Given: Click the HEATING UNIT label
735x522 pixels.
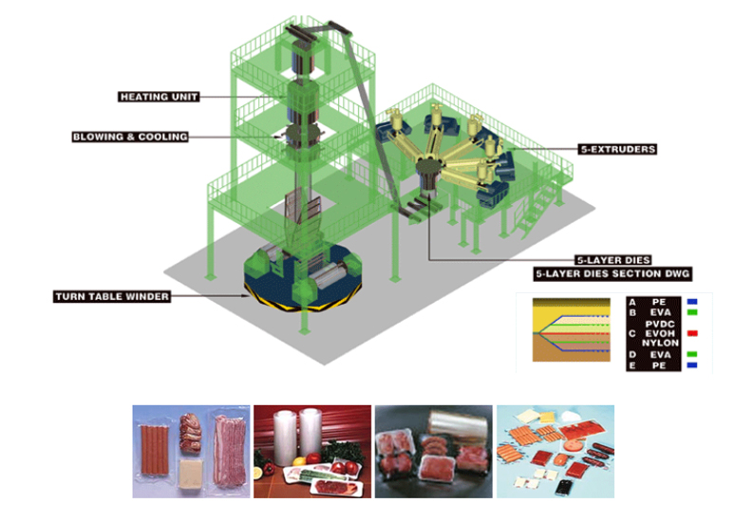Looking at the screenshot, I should pos(159,97).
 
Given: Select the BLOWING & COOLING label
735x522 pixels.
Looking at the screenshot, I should pos(130,137).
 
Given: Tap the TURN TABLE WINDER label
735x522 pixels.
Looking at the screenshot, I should pos(110,297).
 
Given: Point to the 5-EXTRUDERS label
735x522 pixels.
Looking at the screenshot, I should pos(617,149).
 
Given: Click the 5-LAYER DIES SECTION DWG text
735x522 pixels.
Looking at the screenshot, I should pos(612,273).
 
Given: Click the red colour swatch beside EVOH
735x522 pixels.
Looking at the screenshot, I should pos(693,333).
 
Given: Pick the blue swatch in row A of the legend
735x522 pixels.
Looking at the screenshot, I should pos(693,303).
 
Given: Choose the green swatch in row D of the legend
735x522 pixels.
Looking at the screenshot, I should pos(693,355).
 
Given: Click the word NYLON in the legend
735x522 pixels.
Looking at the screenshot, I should pos(663,343).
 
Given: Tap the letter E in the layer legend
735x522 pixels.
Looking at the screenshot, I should pos(632,366).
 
